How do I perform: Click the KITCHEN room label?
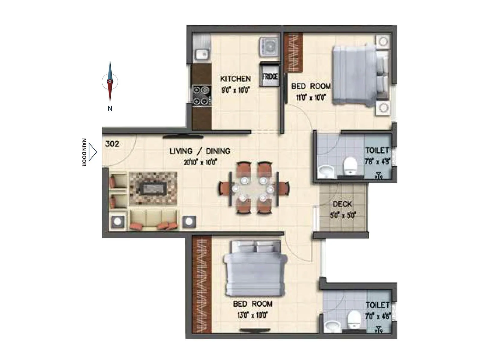coord(235,79)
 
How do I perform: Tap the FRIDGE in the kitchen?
coord(270,76)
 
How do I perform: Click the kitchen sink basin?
coord(201,54)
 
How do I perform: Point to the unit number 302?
coord(112,144)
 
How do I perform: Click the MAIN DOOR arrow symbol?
coord(93,152)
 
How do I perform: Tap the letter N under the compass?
coord(110,109)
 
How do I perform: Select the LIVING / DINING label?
coord(200,151)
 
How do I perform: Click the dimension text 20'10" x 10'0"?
coord(200,163)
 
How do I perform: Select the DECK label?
coord(342,204)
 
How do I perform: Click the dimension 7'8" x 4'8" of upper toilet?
coord(377,161)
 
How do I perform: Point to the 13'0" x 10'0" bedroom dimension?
coord(252,315)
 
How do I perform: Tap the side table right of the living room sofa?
coord(189,222)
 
